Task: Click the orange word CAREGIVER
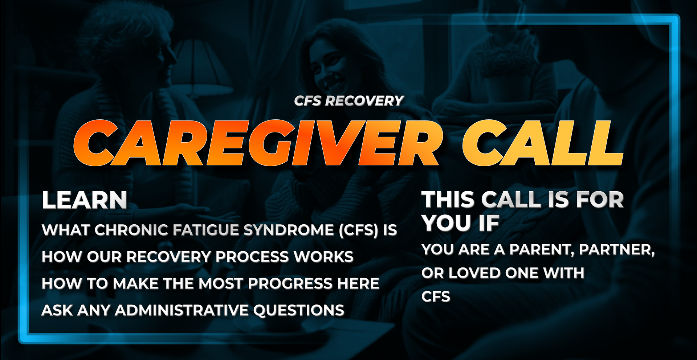point(256,142)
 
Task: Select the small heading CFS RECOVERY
point(348,101)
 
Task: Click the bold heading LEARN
point(84,200)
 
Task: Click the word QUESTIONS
point(298,310)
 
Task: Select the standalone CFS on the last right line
point(436,297)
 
